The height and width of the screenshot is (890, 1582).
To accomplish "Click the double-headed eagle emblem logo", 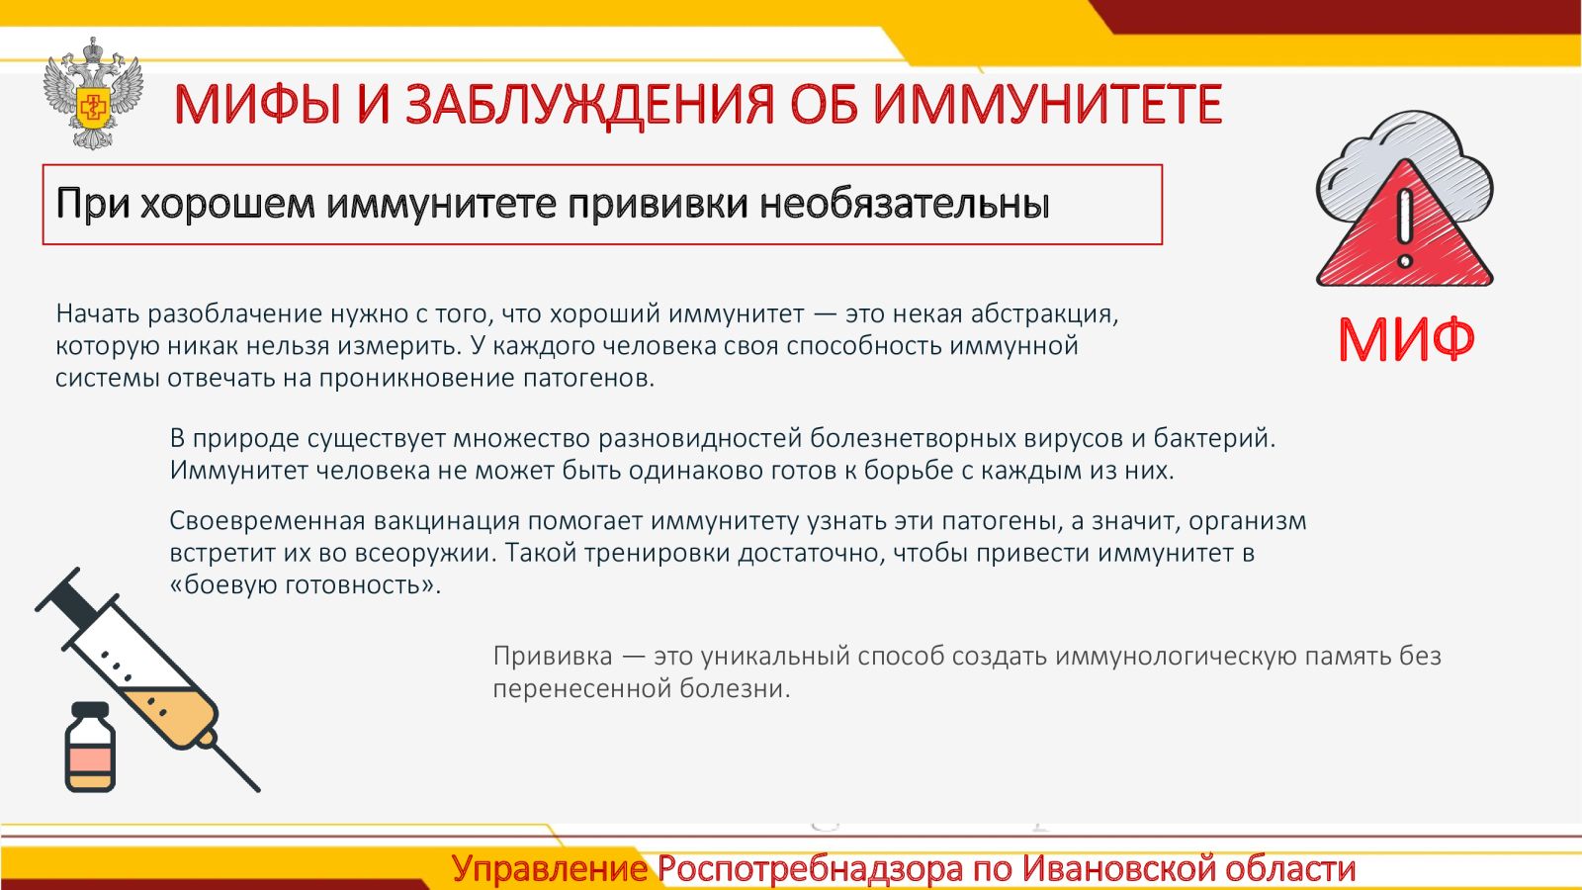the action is point(93,93).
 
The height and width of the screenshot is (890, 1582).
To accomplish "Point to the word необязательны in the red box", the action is point(905,204).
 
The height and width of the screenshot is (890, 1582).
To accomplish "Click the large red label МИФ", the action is point(1406,340).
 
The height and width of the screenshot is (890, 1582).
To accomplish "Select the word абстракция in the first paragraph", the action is point(1044,314).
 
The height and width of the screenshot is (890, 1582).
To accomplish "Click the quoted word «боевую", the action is point(223,584).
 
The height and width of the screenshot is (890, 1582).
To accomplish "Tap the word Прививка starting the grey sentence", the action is point(553,657).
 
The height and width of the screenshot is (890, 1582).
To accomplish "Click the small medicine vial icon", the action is point(90,748).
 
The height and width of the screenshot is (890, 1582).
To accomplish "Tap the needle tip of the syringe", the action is point(258,789).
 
